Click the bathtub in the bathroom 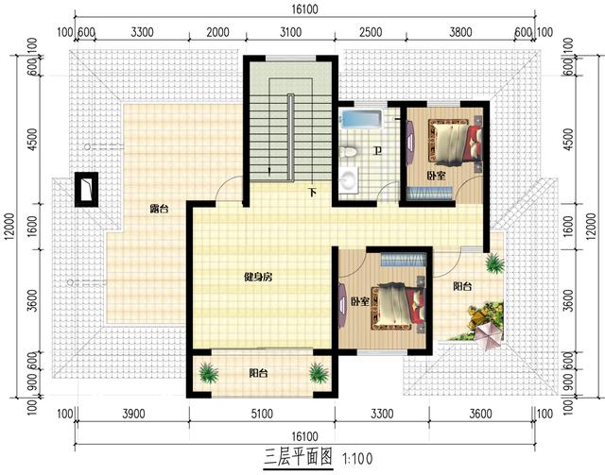tap(361, 119)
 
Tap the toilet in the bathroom tap(350, 151)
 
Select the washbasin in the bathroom tap(350, 178)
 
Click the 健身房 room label tap(258, 277)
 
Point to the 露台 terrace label tap(159, 210)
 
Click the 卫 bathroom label tap(377, 151)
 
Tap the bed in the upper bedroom tap(455, 143)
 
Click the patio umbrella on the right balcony tap(488, 334)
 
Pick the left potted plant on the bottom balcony tap(209, 373)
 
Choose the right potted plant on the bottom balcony tap(319, 373)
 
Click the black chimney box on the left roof tap(86, 189)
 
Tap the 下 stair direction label tap(312, 192)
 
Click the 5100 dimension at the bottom tap(262, 414)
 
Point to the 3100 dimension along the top tap(290, 32)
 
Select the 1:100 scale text tap(357, 458)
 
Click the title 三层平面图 tap(299, 457)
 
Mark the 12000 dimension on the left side tap(10, 227)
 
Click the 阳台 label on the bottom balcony tap(258, 373)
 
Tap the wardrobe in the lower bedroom tap(404, 260)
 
